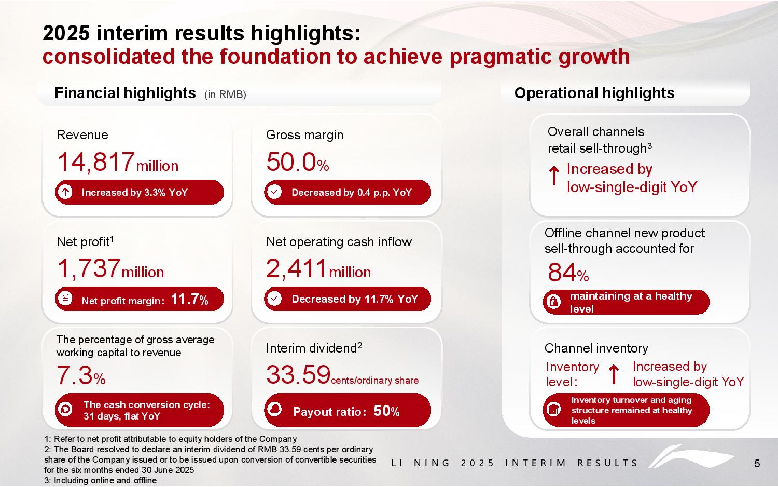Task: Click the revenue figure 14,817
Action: coord(95,161)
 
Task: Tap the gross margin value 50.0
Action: coord(291,161)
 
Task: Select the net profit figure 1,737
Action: coord(89,268)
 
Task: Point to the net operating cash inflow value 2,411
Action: coord(297,268)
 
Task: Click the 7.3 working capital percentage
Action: coord(74,375)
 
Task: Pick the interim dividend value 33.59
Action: coord(298,375)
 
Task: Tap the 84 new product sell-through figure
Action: coord(562,273)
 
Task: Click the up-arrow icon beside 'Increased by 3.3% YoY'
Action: coord(65,192)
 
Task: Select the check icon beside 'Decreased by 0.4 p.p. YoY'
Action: coord(274,192)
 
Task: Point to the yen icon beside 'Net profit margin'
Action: coord(65,299)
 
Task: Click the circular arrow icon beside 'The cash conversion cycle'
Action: coord(65,410)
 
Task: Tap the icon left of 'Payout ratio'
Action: coord(274,410)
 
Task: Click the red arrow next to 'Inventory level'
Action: coord(614,374)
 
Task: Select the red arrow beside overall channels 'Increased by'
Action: coord(554,177)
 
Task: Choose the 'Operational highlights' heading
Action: coord(594,93)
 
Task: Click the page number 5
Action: coord(757,464)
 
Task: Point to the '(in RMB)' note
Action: coord(225,94)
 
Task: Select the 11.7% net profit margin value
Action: coord(189,299)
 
